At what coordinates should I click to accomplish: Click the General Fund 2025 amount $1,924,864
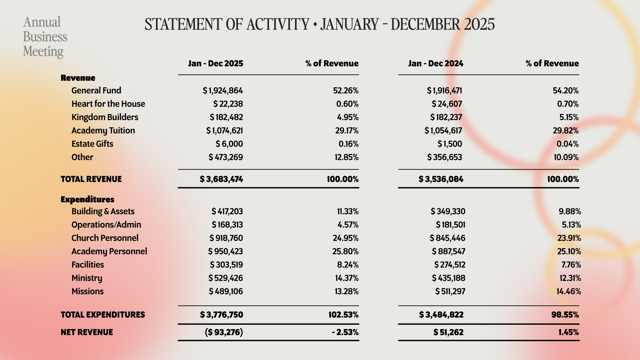click(223, 90)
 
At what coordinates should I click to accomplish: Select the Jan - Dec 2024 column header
click(436, 63)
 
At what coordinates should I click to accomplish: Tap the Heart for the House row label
click(108, 104)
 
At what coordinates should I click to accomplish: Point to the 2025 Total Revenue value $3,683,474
click(221, 179)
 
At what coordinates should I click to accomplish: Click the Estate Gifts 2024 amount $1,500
click(450, 144)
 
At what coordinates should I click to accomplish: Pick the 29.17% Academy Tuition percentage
click(347, 130)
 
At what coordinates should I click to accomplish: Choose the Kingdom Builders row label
click(105, 117)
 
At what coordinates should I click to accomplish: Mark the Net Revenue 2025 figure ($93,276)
click(224, 332)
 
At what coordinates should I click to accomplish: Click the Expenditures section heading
click(87, 199)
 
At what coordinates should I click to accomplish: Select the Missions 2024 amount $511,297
click(450, 291)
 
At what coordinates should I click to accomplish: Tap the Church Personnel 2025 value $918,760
click(226, 238)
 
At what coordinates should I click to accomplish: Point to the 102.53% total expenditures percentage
click(343, 315)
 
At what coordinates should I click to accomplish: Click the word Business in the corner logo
click(45, 37)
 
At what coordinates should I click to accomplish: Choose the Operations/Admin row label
click(106, 225)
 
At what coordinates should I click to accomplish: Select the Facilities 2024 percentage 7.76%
click(571, 265)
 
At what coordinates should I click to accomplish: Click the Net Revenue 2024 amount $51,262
click(448, 332)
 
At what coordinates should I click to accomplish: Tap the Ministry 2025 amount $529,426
click(226, 278)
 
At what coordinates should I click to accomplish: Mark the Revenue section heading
click(78, 78)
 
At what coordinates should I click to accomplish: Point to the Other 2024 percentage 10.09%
click(566, 157)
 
